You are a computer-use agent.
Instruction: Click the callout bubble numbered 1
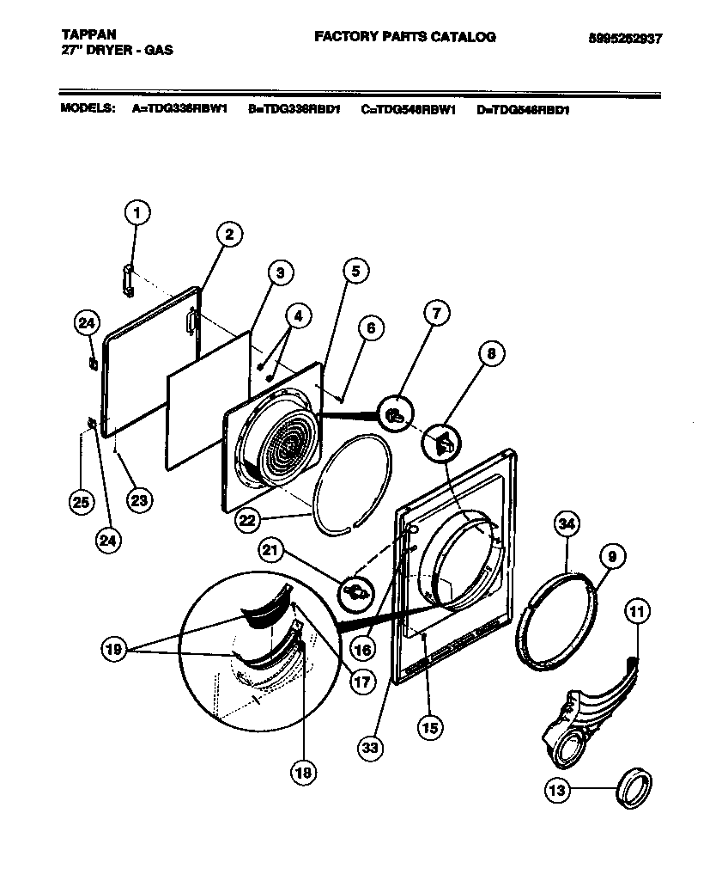136,211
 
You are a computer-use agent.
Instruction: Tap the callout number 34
567,524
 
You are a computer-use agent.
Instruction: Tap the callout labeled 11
637,614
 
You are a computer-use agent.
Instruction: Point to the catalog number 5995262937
626,39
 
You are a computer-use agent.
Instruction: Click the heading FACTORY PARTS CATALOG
404,36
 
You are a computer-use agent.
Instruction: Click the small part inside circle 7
394,414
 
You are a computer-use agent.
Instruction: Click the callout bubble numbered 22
247,520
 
